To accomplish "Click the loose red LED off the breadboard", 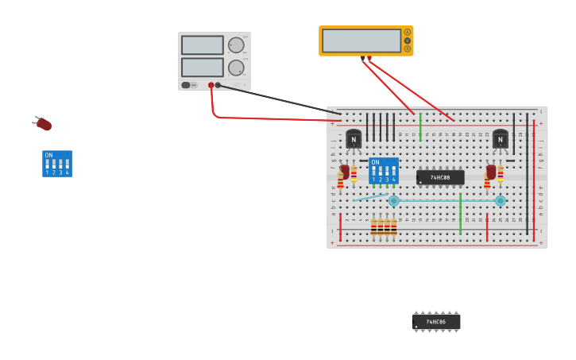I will click(44, 124).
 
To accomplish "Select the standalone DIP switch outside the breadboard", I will click(56, 164).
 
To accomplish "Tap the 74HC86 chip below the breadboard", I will click(436, 322).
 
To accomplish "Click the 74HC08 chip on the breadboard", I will click(440, 177).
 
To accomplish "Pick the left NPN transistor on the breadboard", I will click(354, 139).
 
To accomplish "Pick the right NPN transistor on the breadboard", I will click(501, 139).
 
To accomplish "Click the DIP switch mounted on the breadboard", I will click(383, 170).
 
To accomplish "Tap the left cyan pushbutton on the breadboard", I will click(393, 201).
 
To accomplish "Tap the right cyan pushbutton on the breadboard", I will click(501, 201).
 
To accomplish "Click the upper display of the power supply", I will click(202, 45).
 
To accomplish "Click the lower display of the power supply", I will click(202, 68).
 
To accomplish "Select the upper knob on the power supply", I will click(236, 45).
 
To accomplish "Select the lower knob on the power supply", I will click(236, 68).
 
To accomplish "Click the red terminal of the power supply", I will click(211, 85).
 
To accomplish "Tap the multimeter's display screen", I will click(361, 41).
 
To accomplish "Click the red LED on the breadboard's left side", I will click(345, 171).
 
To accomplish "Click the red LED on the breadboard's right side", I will click(492, 171).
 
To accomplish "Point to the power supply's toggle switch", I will click(186, 85).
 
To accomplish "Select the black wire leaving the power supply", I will click(278, 100).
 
